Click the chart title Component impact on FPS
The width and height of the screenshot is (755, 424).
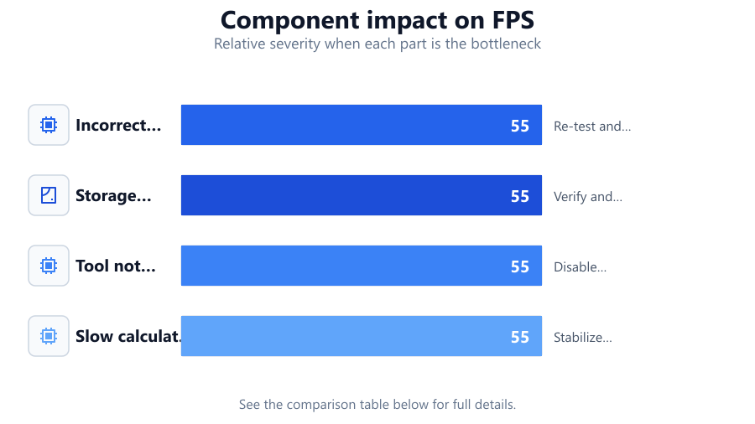click(377, 20)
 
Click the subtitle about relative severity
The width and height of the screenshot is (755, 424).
click(377, 44)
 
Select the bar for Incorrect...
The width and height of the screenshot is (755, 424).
click(361, 125)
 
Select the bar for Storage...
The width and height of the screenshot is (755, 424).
click(361, 195)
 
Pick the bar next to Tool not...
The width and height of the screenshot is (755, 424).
click(361, 266)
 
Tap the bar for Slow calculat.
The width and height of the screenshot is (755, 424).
click(361, 336)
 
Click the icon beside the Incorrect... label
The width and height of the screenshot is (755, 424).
click(49, 125)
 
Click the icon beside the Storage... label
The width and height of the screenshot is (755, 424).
click(49, 195)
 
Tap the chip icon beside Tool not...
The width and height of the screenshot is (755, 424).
click(49, 266)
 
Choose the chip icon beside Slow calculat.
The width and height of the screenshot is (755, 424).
click(49, 336)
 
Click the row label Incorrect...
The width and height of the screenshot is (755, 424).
click(118, 125)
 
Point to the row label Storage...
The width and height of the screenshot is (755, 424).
click(113, 195)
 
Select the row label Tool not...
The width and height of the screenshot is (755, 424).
click(116, 266)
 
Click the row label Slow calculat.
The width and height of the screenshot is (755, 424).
click(128, 336)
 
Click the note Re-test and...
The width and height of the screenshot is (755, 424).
click(592, 126)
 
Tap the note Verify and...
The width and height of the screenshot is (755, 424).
click(588, 197)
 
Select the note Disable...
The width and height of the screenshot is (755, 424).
click(581, 266)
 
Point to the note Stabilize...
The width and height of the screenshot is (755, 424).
click(583, 338)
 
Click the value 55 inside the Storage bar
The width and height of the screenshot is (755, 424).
click(520, 196)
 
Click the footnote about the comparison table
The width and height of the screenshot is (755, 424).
click(377, 404)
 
